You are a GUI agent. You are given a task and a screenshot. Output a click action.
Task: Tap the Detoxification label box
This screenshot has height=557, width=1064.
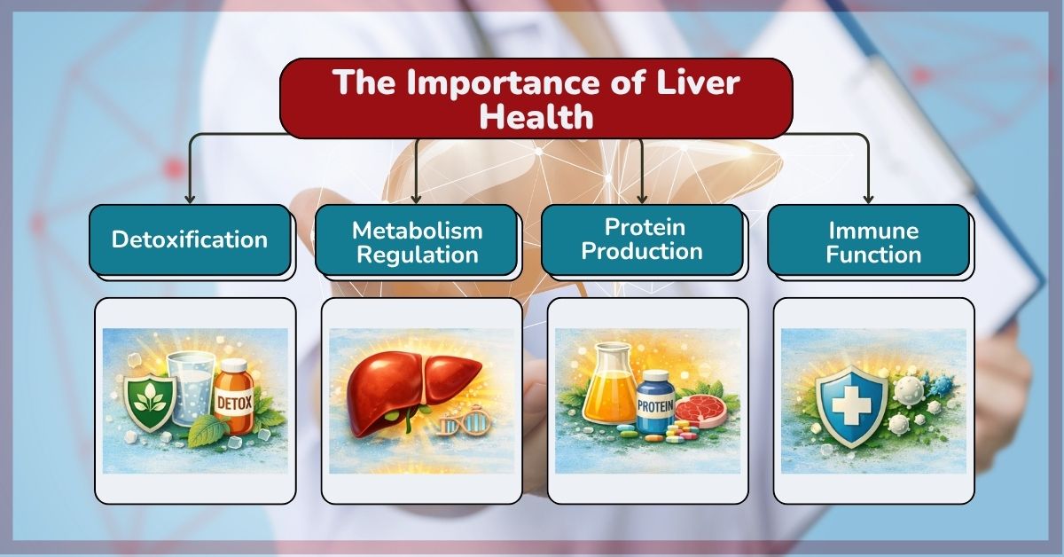pyautogui.click(x=190, y=239)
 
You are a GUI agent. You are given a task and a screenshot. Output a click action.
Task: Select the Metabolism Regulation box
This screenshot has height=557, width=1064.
pyautogui.click(x=417, y=241)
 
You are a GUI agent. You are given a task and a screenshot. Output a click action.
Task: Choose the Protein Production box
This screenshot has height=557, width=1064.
pyautogui.click(x=642, y=239)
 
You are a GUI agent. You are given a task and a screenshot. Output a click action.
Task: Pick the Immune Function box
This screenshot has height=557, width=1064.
pyautogui.click(x=869, y=241)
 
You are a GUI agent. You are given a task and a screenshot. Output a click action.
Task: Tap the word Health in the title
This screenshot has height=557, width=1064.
pyautogui.click(x=536, y=115)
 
